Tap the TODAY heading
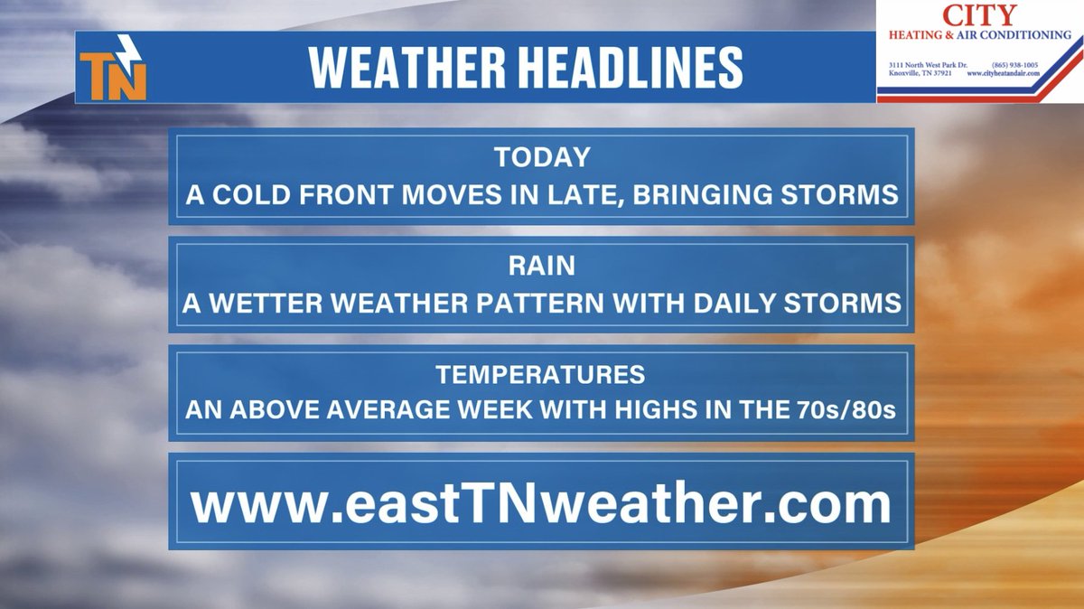click(541, 157)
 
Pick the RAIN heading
click(541, 266)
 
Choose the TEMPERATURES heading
click(541, 374)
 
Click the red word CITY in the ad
click(978, 14)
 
